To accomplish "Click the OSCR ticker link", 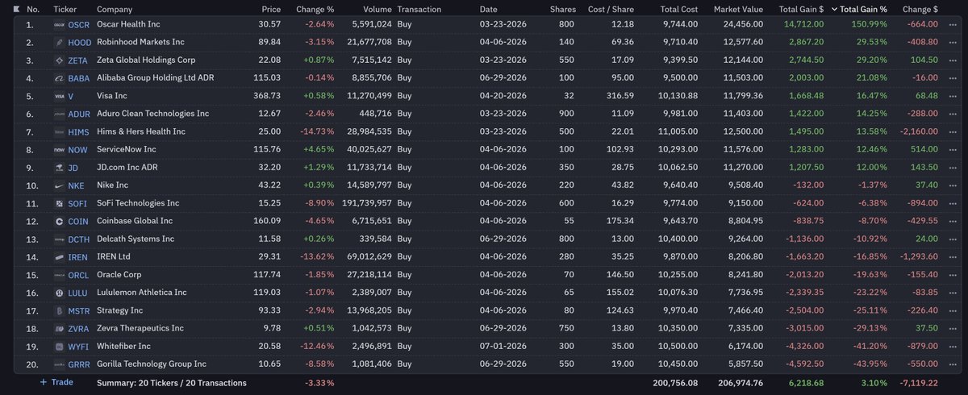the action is pos(79,25).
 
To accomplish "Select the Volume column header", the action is pos(377,9).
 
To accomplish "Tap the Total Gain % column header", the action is pos(863,9).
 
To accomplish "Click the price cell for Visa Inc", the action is pos(267,96).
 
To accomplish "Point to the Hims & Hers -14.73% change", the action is pos(317,131).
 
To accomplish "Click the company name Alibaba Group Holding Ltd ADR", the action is pos(155,77).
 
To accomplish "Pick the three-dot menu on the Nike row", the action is pos(953,185).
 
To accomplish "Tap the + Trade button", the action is pos(56,382).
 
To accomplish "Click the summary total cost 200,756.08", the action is pos(675,383).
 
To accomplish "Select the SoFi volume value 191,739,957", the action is pos(367,203).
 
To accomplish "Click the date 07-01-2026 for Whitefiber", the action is pos(503,346).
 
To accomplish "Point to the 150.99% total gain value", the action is pos(869,24).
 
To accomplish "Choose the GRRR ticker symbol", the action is pos(79,365).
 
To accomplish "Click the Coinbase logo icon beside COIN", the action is pos(59,222).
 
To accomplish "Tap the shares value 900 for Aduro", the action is pos(566,114).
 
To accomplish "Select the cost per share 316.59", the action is pos(620,96).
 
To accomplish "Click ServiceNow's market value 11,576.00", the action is pos(743,149).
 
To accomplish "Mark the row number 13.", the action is pos(32,239).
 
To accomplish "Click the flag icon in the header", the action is pos(16,9).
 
